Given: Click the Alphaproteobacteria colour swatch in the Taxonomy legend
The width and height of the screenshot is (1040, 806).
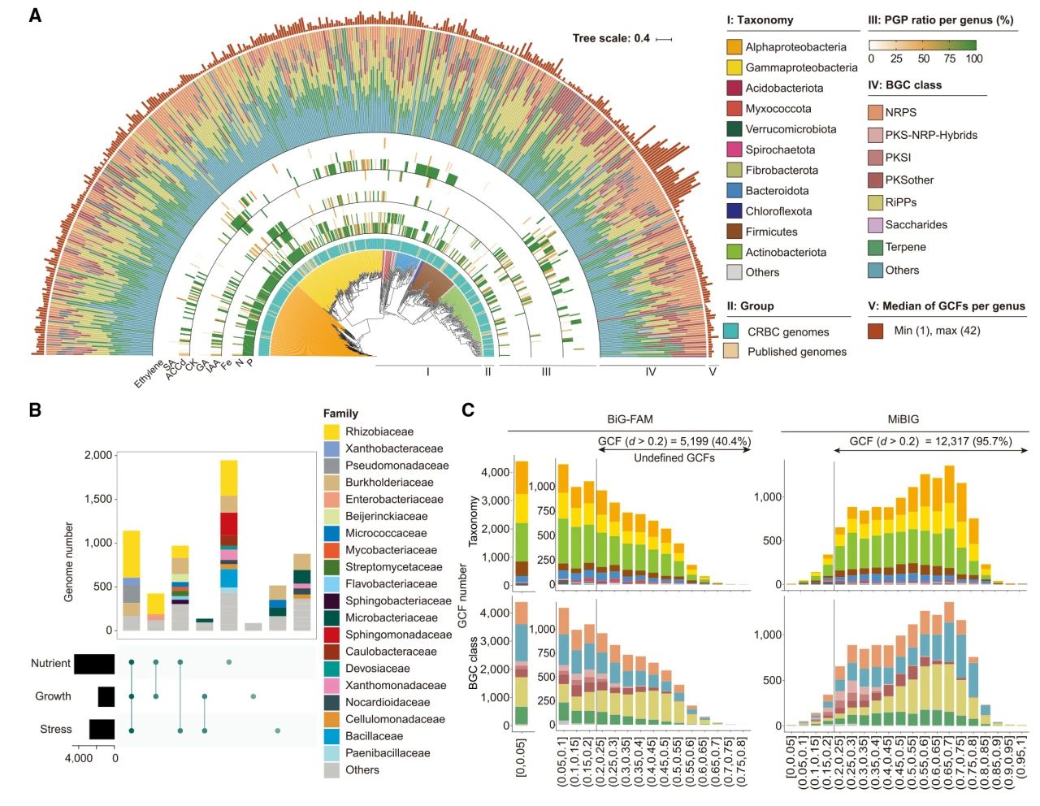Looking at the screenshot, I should tap(734, 47).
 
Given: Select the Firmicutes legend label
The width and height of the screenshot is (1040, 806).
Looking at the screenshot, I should tap(771, 232).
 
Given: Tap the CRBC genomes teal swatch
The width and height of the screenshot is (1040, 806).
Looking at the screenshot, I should tap(731, 331).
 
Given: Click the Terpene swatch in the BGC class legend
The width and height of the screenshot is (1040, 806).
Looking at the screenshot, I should tap(875, 248).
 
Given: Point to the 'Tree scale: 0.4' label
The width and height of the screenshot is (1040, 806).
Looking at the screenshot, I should tap(610, 38).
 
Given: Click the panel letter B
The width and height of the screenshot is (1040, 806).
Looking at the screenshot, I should tap(35, 409).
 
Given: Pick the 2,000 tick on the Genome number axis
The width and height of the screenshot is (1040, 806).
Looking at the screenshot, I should tap(98, 455).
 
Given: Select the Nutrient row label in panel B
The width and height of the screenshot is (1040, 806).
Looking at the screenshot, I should tap(50, 663).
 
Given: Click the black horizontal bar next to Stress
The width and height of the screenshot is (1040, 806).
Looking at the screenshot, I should tap(102, 729).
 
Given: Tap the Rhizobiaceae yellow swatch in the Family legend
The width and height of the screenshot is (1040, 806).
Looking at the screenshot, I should tap(331, 431).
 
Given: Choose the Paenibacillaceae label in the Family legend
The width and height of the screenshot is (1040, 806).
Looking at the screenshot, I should tap(388, 752).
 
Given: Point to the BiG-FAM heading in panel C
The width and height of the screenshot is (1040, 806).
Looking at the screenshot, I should tap(630, 419).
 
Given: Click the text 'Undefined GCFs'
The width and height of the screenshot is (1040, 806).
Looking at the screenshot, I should tap(674, 457).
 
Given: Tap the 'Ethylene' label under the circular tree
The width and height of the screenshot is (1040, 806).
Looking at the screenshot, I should tap(148, 373).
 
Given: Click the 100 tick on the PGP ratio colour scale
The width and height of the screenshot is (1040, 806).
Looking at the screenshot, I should tap(973, 58).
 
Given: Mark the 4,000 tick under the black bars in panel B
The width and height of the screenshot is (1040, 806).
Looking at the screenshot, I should tap(79, 758).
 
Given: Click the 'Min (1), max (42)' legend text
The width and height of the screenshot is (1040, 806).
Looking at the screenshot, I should tap(936, 331).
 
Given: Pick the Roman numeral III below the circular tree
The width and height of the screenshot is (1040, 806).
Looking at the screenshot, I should tap(546, 371).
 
